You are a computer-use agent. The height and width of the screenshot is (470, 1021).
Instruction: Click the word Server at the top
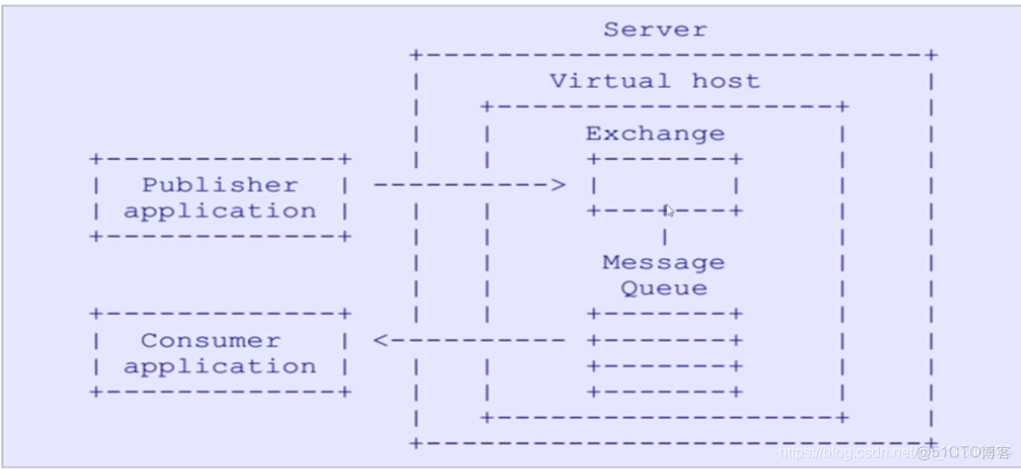[655, 29]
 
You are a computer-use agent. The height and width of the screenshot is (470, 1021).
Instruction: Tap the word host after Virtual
[726, 80]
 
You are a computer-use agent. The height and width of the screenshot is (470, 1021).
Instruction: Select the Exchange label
[655, 133]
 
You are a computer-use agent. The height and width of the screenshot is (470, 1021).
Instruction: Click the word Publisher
[219, 184]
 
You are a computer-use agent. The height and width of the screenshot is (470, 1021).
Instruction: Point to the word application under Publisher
[219, 211]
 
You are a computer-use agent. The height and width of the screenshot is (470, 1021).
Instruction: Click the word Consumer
[211, 339]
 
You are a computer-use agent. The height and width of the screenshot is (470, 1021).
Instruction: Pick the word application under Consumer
[219, 366]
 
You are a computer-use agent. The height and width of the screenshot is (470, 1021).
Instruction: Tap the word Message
[663, 261]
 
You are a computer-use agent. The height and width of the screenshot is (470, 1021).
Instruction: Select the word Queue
[663, 288]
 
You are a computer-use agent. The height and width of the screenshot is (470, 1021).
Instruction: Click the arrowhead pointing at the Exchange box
[559, 184]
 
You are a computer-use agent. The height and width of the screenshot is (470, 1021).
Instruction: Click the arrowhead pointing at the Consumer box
[380, 339]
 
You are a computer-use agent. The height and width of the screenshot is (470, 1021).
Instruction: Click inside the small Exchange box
[664, 185]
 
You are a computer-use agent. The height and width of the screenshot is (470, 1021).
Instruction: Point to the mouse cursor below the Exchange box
[670, 211]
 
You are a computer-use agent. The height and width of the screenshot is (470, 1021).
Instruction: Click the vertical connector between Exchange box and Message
[664, 235]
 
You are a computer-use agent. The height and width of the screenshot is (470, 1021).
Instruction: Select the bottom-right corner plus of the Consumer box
[344, 391]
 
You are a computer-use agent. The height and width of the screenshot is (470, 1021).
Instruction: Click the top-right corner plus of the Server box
[931, 55]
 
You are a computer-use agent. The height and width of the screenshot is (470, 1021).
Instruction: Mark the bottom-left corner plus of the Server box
[415, 442]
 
